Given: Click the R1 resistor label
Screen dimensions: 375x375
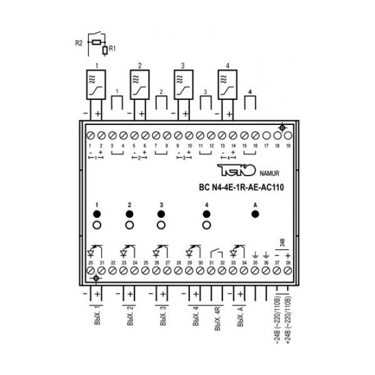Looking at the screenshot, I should pos(112,47).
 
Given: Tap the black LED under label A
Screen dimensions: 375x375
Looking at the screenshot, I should pos(255,214).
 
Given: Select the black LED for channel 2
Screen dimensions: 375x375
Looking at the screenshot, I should pos(129,214).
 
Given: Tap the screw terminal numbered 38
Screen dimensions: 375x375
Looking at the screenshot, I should pos(288,271).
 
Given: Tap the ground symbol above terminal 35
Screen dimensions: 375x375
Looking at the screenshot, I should pos(255,255).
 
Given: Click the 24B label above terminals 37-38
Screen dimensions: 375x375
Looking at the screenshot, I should pos(282,242).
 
